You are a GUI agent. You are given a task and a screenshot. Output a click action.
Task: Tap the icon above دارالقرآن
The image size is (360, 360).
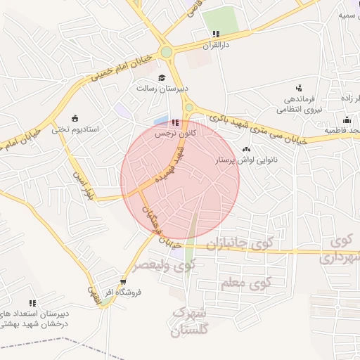[216, 34]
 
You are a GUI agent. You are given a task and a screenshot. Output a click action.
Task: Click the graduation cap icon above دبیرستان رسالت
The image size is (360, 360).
[162, 78]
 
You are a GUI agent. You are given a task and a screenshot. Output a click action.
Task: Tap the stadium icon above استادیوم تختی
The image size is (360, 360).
[76, 118]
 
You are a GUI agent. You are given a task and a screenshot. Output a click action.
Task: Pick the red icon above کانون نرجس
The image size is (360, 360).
[175, 122]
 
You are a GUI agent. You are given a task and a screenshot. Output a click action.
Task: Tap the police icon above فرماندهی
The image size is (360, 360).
[299, 88]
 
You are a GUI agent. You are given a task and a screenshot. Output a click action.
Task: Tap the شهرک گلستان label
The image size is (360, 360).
[191, 321]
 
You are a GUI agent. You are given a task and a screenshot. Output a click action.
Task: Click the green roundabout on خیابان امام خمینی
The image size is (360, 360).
[167, 51]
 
